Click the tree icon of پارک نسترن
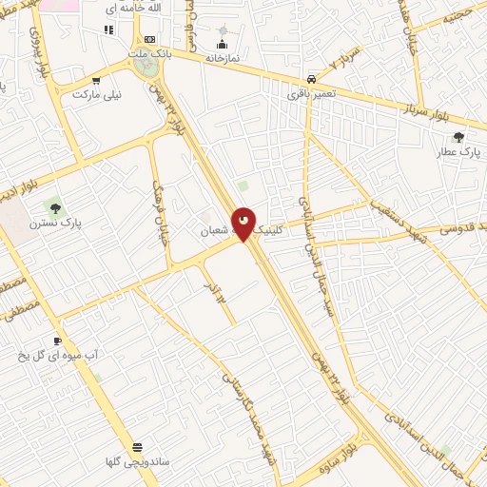54,205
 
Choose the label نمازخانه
222,58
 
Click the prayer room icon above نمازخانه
223,44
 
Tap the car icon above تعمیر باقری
311,80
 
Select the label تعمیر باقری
311,94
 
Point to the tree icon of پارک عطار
458,137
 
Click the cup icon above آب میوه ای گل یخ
58,340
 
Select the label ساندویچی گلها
138,461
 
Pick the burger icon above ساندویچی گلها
138,446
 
